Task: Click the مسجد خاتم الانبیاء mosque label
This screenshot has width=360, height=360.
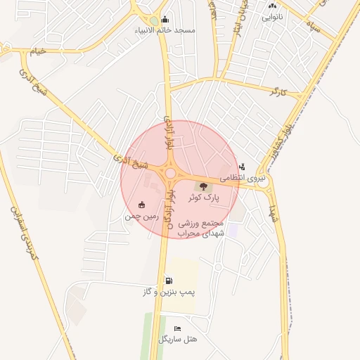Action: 166,31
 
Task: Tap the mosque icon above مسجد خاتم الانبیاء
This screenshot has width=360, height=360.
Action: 165,19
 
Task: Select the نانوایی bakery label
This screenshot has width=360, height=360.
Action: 273,17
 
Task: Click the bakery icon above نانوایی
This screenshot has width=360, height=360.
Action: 272,6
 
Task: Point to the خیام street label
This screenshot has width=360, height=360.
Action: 37,51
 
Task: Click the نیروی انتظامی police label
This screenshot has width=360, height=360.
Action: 241,179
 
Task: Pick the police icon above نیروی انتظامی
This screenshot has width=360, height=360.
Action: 242,167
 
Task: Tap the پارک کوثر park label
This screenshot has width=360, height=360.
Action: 204,198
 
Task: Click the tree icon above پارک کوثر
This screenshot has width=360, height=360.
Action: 204,186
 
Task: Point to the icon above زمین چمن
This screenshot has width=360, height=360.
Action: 142,205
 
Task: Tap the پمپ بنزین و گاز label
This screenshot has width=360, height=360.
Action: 168,291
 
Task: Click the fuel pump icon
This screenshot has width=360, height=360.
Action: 168,280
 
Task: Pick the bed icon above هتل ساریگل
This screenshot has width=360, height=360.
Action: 177,328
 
